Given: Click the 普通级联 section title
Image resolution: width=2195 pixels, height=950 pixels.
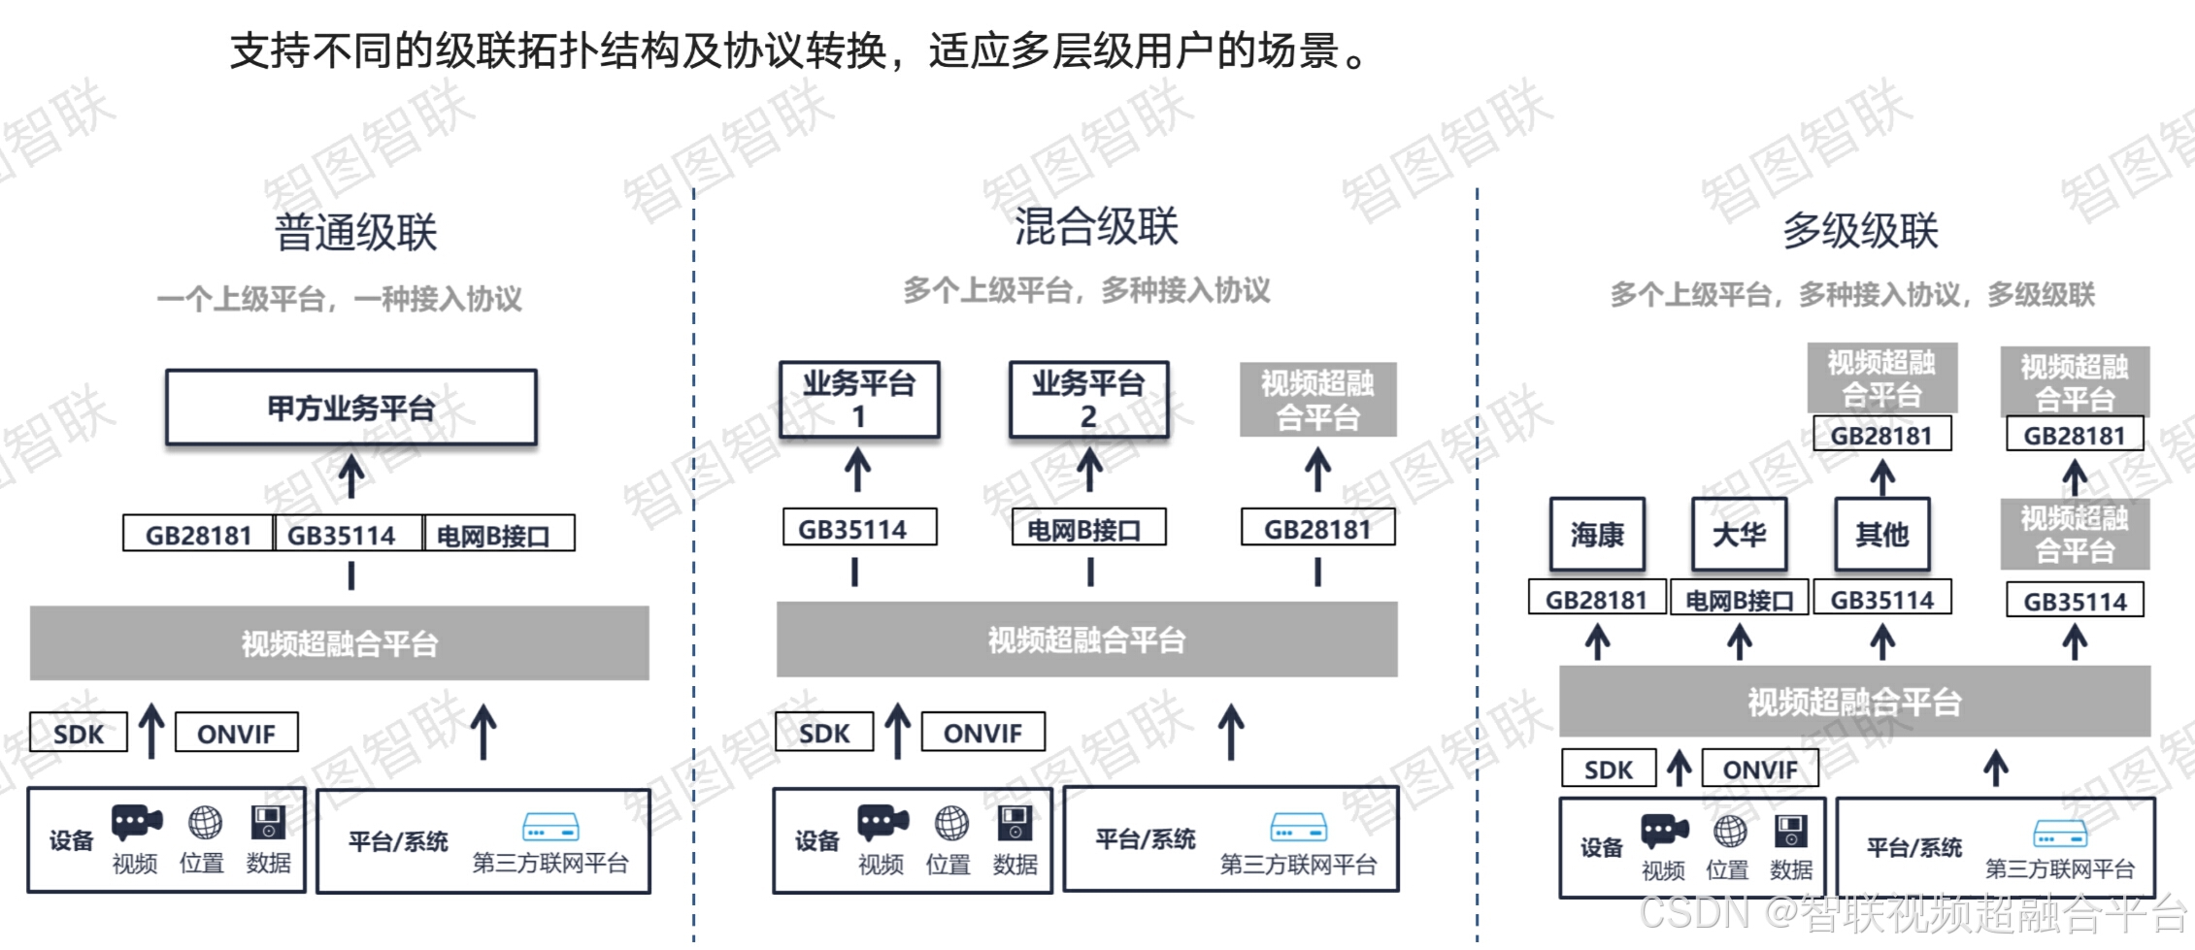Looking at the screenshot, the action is coord(356,232).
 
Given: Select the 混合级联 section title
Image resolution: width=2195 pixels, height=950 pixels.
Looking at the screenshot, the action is coord(1096,226).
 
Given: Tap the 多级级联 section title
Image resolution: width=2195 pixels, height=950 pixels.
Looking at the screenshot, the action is coord(1860,231).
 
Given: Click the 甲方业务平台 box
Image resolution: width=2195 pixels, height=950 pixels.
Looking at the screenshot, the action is coord(351,408).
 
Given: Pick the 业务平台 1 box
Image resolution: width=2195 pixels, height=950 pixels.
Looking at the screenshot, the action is coord(859,399).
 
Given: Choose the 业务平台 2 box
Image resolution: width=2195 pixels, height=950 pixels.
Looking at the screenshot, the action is coord(1088,399).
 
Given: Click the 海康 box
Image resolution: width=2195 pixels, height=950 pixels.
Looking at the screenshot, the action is coord(1597,534).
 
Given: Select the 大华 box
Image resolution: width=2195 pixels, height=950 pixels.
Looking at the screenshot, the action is coord(1739,534).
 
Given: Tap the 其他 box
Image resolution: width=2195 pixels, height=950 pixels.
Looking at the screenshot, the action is coord(1881,534).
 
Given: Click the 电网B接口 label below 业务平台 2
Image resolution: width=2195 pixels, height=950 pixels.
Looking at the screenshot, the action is coord(1088,530).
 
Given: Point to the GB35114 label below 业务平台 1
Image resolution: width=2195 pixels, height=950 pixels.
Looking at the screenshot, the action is coord(859,529).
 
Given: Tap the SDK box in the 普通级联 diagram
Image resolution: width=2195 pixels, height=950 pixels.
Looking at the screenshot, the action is coord(79,733).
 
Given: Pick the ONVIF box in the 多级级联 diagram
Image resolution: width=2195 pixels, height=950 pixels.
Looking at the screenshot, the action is coord(1760,769).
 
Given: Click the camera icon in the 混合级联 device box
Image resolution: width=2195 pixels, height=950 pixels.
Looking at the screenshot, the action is coord(882,823).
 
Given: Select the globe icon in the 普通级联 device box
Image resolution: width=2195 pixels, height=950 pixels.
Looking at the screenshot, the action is coord(205,823).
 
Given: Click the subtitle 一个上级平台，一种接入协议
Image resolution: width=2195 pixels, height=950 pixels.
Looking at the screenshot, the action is coord(340,298).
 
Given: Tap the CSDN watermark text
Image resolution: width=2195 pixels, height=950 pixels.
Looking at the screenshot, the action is coord(1912,913).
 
